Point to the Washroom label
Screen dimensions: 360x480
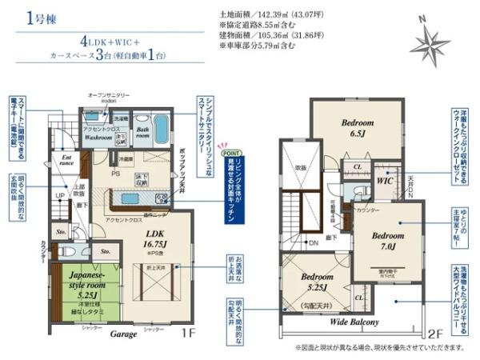(98, 137)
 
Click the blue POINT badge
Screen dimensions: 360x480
(230, 152)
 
